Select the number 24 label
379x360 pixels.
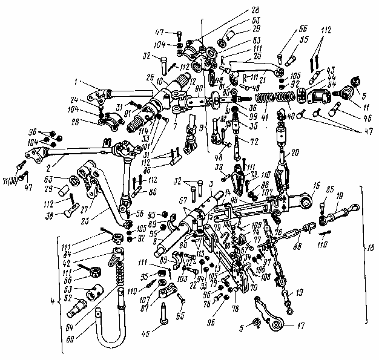74,100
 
